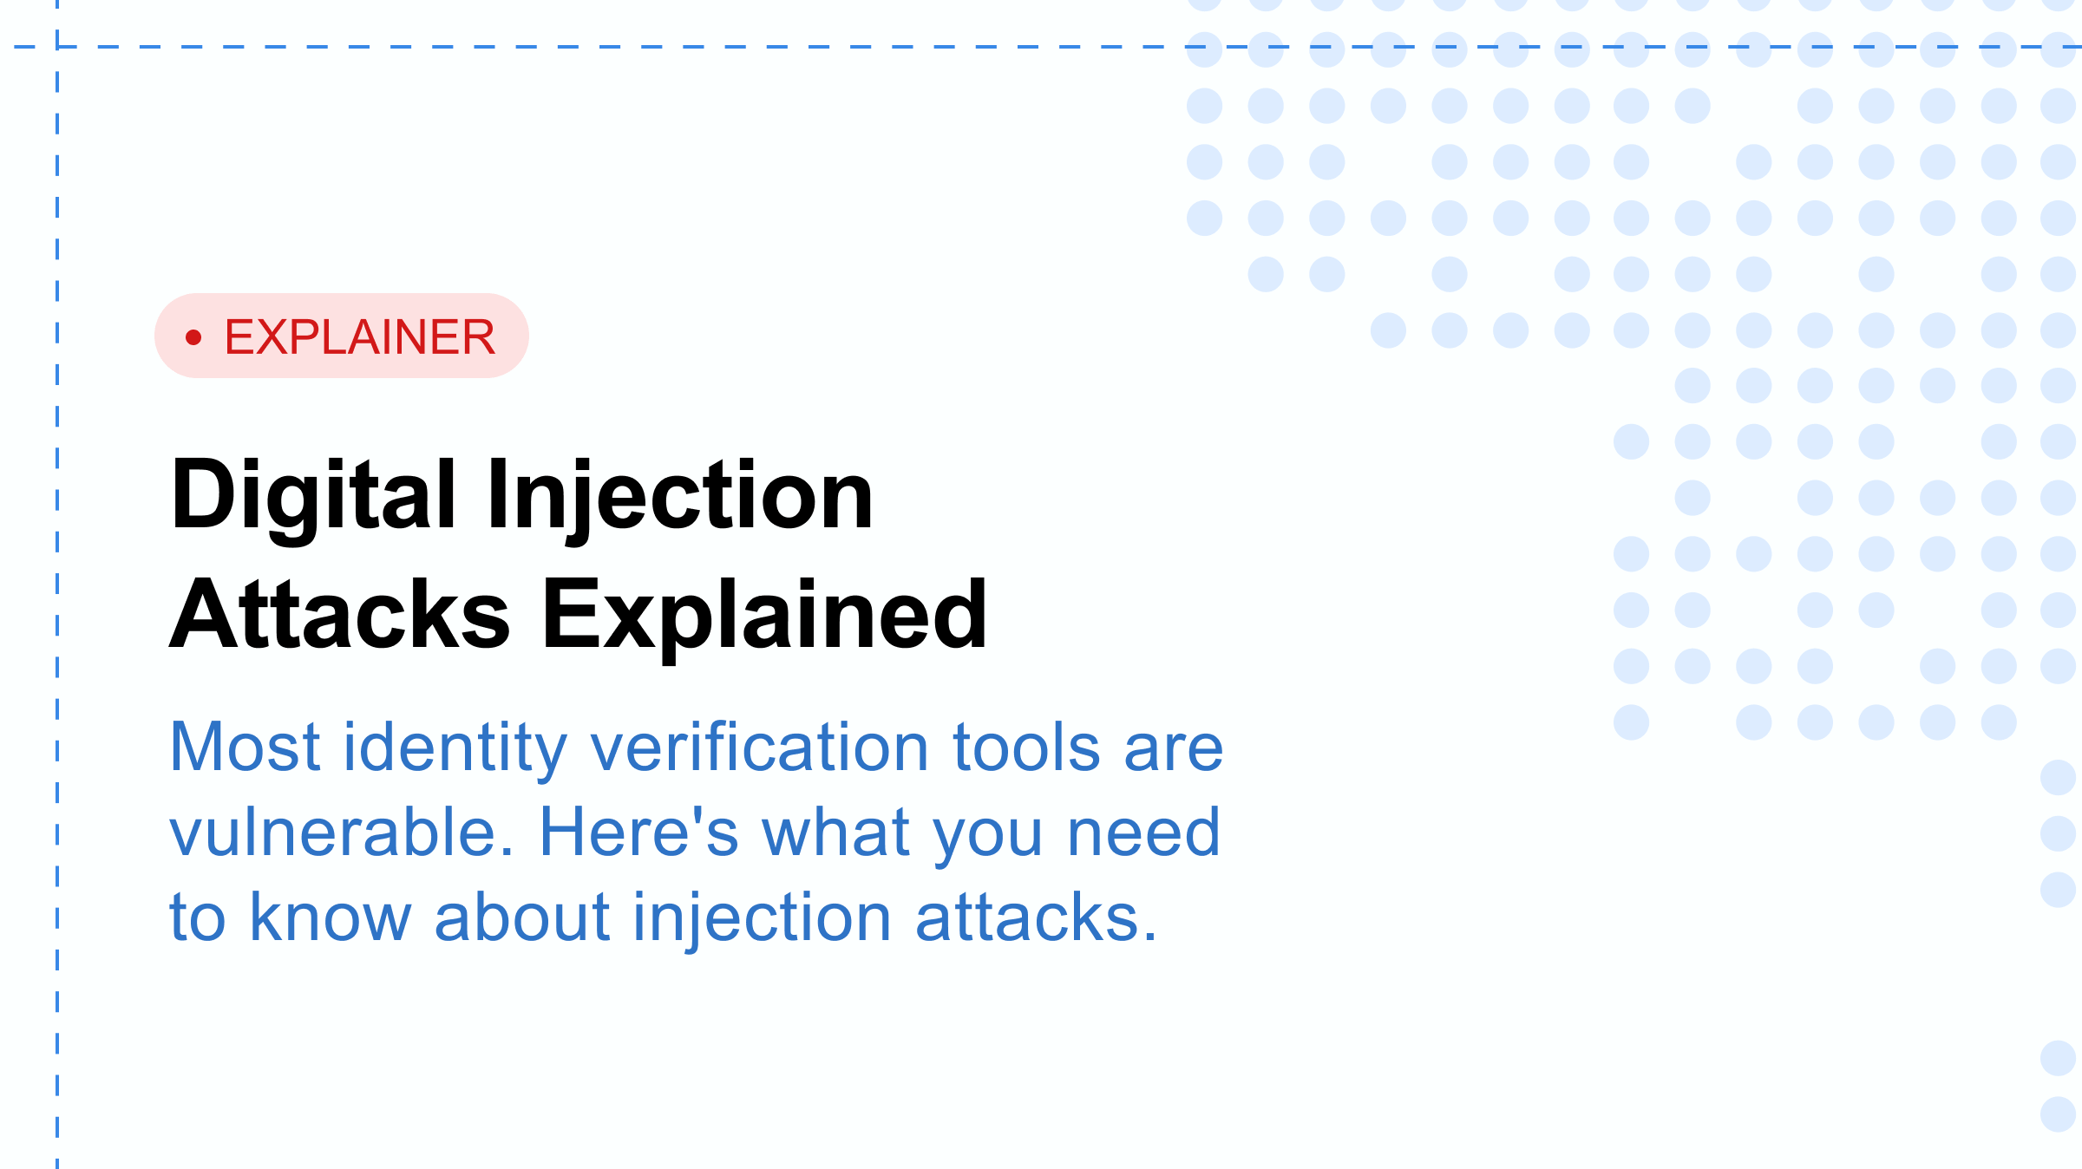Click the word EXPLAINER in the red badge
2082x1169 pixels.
click(x=359, y=336)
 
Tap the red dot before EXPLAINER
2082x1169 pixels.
click(x=193, y=336)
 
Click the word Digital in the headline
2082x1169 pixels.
click(x=313, y=496)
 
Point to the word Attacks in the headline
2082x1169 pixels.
click(x=339, y=615)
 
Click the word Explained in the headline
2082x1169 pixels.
click(x=764, y=615)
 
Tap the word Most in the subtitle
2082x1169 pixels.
click(x=246, y=747)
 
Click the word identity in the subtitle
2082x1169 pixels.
click(x=455, y=748)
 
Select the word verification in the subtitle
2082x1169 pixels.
click(x=760, y=747)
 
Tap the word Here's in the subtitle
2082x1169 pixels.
click(x=638, y=833)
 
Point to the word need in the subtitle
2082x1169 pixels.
click(x=1143, y=833)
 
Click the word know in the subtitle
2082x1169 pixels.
click(x=331, y=918)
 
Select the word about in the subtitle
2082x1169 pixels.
click(x=522, y=918)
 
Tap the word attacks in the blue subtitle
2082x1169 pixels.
click(x=1036, y=918)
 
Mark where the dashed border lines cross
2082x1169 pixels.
click(x=57, y=47)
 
